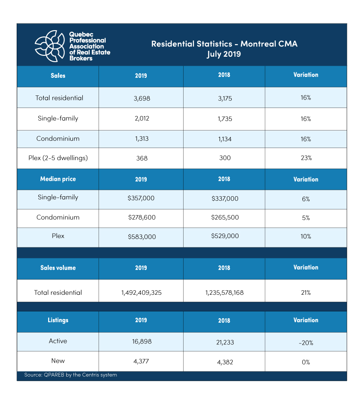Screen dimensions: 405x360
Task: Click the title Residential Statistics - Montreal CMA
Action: tap(224, 44)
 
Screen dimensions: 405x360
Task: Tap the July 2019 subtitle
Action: tap(224, 54)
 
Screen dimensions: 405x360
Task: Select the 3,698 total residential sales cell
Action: tap(141, 98)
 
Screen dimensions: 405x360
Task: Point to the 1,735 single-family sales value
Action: tap(224, 119)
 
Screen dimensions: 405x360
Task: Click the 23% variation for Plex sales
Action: tap(306, 158)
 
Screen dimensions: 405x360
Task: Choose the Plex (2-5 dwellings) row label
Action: tap(58, 158)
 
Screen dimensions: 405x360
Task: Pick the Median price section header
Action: tap(58, 179)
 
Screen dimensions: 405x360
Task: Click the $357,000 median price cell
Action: tap(141, 198)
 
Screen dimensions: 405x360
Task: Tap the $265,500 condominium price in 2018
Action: tap(224, 217)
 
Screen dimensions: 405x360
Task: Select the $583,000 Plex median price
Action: tap(141, 236)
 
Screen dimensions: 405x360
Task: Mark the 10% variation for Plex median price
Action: tap(306, 236)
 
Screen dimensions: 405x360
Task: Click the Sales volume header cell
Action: tap(58, 268)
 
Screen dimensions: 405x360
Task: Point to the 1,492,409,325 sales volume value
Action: tap(141, 292)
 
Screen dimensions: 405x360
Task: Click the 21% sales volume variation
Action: tap(306, 292)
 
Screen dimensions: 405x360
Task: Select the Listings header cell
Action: tap(58, 320)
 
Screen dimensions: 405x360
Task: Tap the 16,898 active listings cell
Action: tap(141, 342)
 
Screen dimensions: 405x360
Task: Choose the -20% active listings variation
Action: tap(306, 343)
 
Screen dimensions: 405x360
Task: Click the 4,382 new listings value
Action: tap(224, 361)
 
